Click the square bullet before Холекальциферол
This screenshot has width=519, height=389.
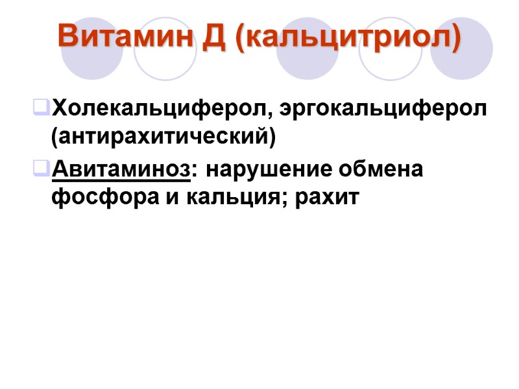pyautogui.click(x=41, y=106)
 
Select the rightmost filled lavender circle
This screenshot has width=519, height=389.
pyautogui.click(x=463, y=49)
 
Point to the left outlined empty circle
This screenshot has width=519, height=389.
pyautogui.click(x=165, y=49)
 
